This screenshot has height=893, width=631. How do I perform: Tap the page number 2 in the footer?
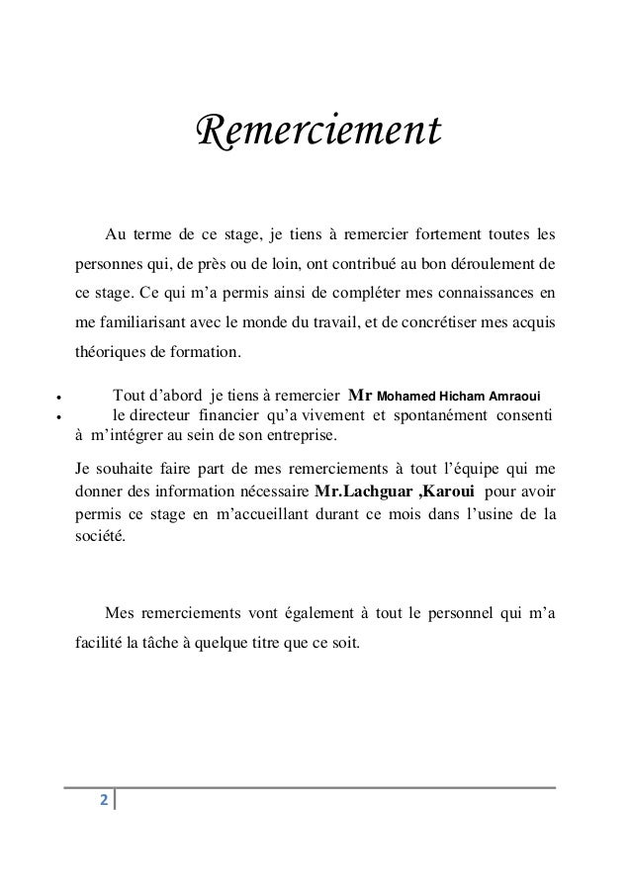[103, 798]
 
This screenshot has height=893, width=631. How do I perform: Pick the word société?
[101, 537]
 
